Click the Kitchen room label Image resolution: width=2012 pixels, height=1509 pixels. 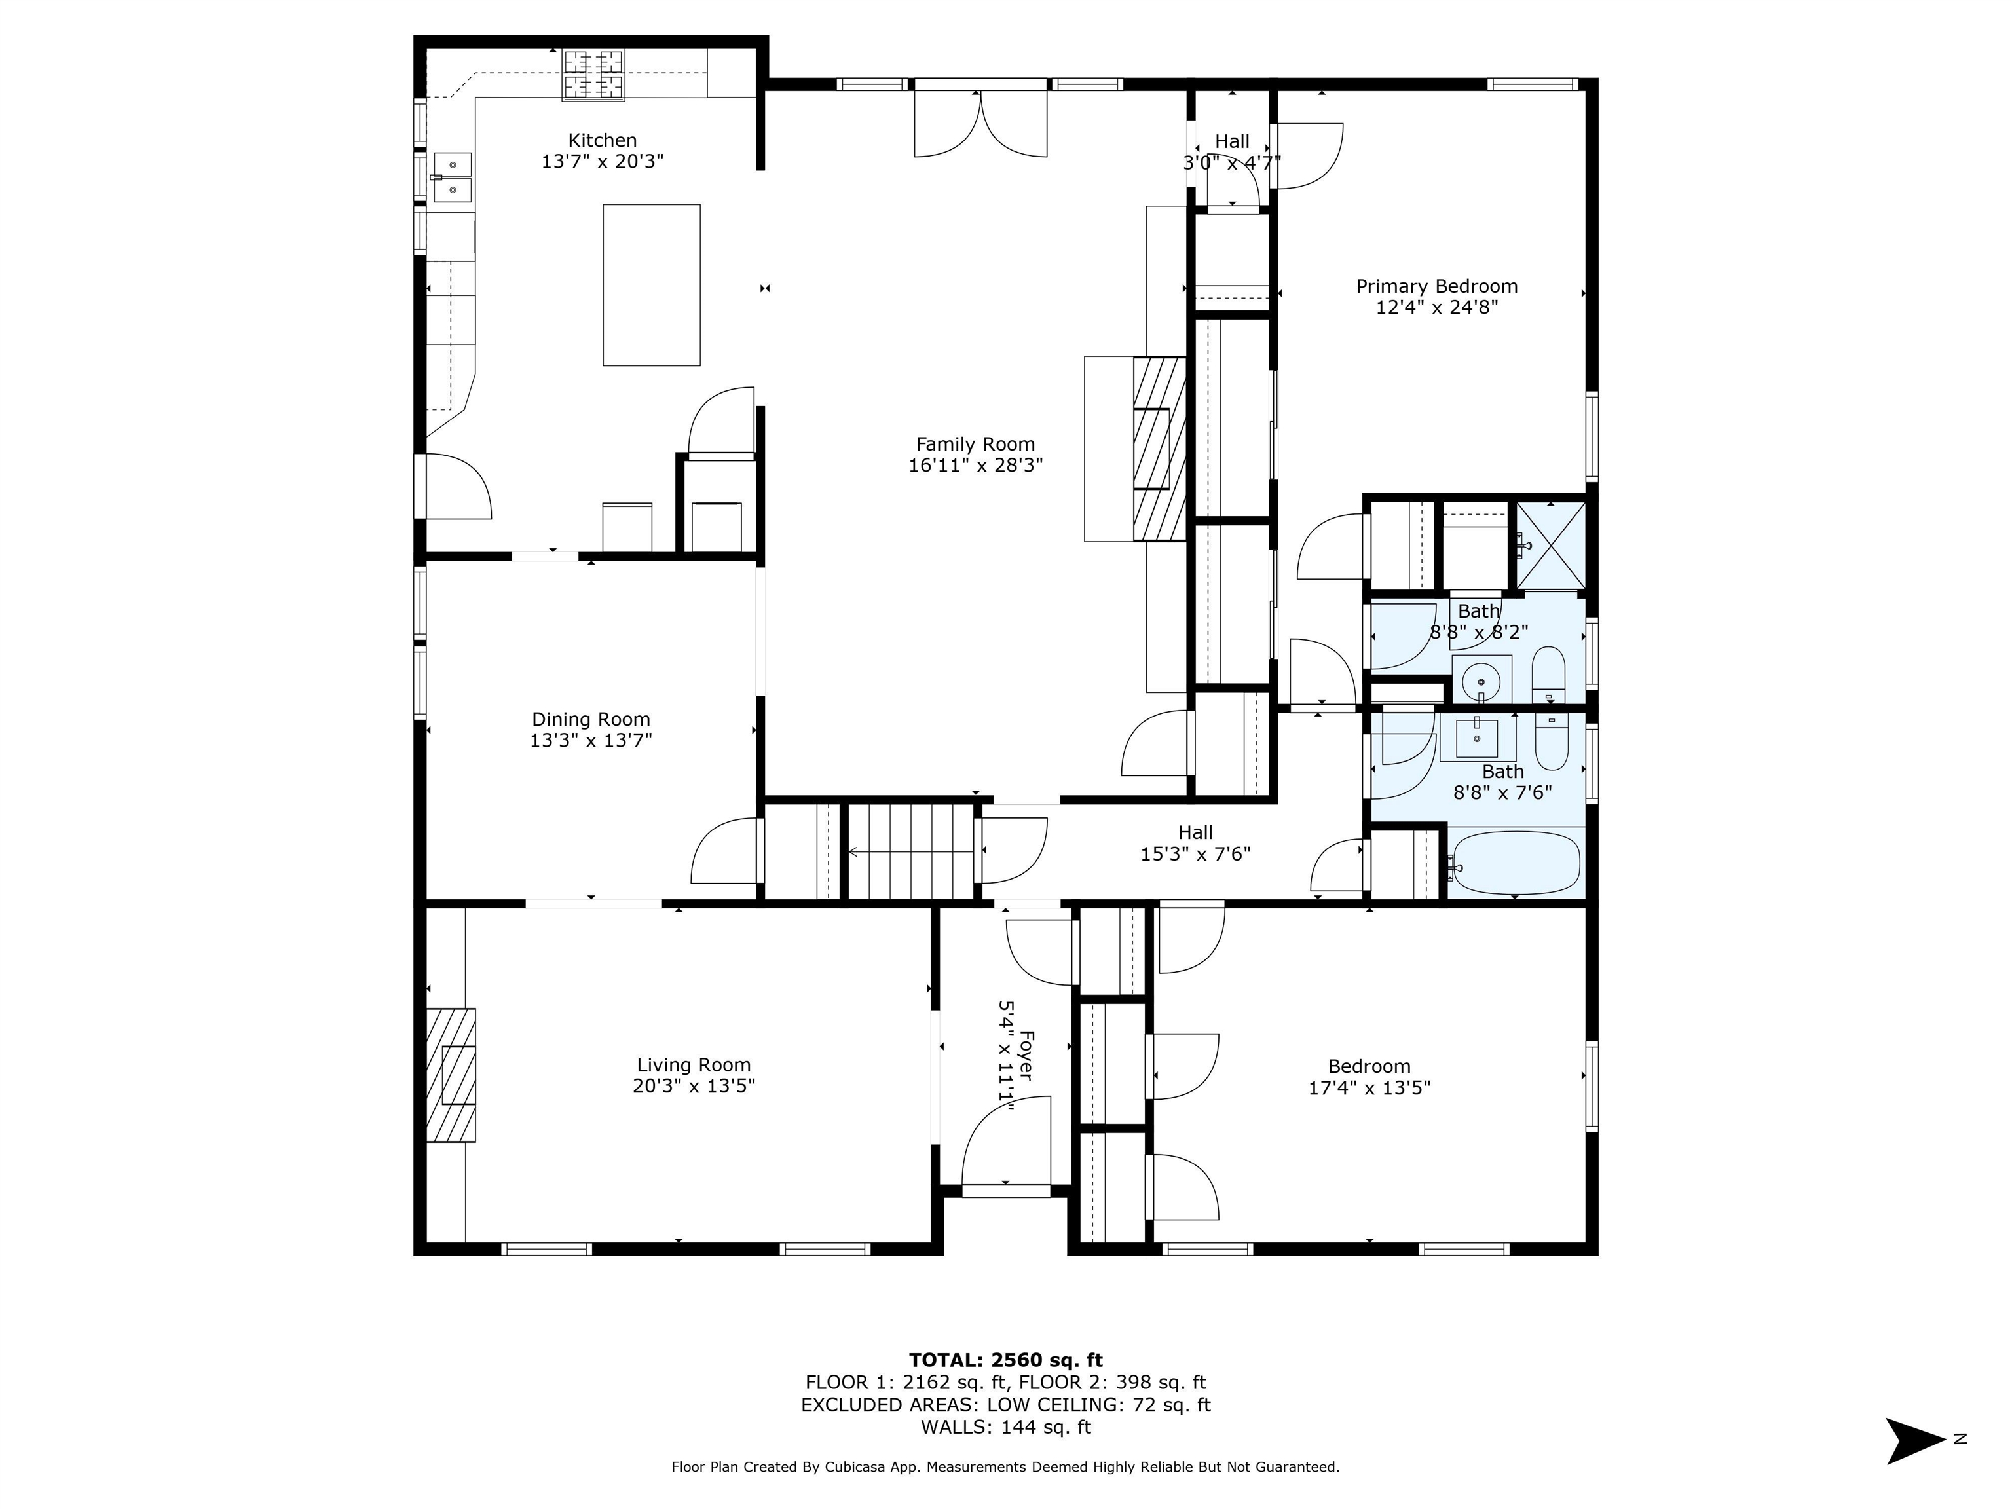tap(602, 141)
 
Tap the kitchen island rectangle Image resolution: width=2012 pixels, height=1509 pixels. tap(651, 285)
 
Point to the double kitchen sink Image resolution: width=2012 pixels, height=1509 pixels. tap(452, 177)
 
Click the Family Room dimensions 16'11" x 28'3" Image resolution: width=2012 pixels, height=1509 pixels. tap(975, 466)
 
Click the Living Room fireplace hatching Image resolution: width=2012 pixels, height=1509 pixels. tap(451, 1074)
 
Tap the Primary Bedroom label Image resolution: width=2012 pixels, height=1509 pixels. tap(1437, 286)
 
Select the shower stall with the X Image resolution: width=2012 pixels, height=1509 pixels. tap(1549, 545)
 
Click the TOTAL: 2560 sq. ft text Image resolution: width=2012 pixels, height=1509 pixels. tap(1006, 1360)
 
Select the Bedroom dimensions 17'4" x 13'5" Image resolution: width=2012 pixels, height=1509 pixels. tap(1369, 1088)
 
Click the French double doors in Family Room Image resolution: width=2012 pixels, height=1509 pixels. tap(980, 124)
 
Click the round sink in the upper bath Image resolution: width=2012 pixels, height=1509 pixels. tap(1481, 680)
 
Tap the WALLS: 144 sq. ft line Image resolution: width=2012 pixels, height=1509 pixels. tap(1006, 1427)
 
